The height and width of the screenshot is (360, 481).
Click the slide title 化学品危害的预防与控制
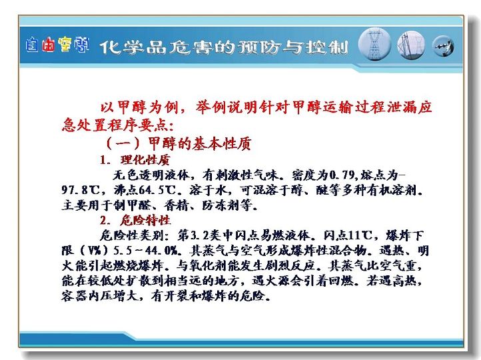[224, 47]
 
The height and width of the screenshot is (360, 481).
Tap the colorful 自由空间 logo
[57, 45]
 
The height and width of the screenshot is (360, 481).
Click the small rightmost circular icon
[443, 47]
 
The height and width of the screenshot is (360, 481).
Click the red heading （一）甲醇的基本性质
[179, 143]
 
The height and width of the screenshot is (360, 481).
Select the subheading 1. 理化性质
[135, 160]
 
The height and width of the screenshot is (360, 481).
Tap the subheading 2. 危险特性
[135, 220]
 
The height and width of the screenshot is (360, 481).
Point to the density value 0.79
[342, 175]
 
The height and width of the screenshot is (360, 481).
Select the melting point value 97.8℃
[81, 190]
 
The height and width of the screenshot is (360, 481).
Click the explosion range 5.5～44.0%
[145, 251]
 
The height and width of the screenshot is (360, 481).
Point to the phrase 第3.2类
[199, 235]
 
